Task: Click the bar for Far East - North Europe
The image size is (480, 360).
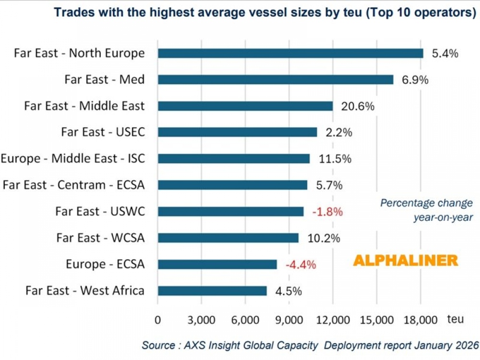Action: pos(290,53)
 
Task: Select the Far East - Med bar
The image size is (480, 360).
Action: pos(276,80)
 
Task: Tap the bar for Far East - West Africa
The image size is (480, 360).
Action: pos(212,290)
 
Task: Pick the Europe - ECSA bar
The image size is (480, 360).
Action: pos(217,264)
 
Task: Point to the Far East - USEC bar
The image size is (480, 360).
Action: pos(237,132)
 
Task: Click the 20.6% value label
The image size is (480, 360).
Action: pos(358,106)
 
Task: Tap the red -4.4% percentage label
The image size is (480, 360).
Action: pos(301,264)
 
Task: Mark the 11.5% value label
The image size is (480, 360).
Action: pos(335,158)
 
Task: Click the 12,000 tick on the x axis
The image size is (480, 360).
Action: pos(333,320)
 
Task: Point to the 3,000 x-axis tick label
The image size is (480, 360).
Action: pos(201,320)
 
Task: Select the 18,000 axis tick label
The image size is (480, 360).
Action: pos(420,320)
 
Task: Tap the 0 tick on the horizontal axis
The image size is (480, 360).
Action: pos(158,320)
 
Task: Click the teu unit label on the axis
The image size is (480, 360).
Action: pos(456,318)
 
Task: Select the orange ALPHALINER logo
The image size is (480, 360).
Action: pos(406,261)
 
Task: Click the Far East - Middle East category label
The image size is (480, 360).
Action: pos(84,106)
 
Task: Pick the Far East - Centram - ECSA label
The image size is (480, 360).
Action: pos(73,185)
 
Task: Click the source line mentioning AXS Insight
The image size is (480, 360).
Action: pos(310,345)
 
